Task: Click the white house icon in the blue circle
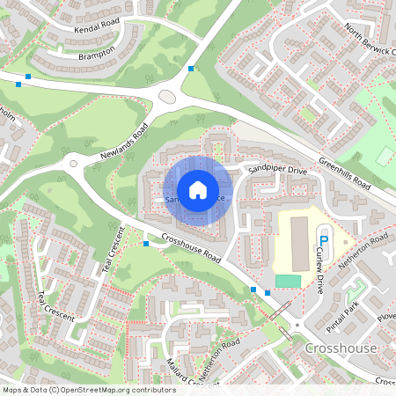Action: pos(198,190)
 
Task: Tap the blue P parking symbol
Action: pos(323,238)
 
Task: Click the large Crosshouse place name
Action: pos(341,348)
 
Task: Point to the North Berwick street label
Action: pos(369,40)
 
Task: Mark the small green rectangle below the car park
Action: pos(288,280)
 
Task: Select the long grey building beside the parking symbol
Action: pos(299,241)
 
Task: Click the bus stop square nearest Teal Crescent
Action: pos(146,243)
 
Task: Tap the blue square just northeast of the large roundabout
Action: pos(191,68)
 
